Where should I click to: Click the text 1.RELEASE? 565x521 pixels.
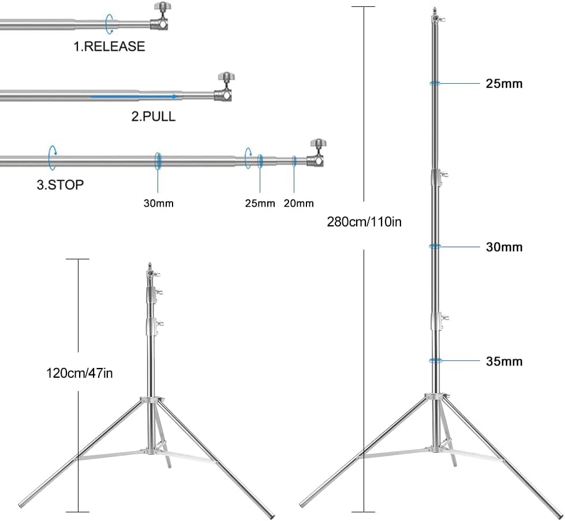(x=108, y=46)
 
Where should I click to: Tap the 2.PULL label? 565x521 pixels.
(x=153, y=117)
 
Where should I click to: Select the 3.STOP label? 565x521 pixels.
(x=60, y=185)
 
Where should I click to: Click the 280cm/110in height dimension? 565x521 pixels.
(x=364, y=221)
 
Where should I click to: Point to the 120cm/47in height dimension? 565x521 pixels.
(x=80, y=373)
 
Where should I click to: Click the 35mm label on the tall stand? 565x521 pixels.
(x=504, y=362)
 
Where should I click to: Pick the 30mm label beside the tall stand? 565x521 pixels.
(x=504, y=247)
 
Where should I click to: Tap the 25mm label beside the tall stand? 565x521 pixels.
(x=504, y=84)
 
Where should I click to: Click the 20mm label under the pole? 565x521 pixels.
(x=298, y=203)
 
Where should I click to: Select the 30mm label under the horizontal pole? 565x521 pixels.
(x=158, y=203)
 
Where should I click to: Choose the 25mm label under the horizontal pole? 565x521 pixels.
(x=260, y=203)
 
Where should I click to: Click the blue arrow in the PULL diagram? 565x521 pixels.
(x=133, y=96)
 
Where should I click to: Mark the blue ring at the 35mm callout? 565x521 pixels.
(x=435, y=360)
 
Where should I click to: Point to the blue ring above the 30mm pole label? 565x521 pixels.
(x=158, y=161)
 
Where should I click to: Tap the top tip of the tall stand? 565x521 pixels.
(x=434, y=10)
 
